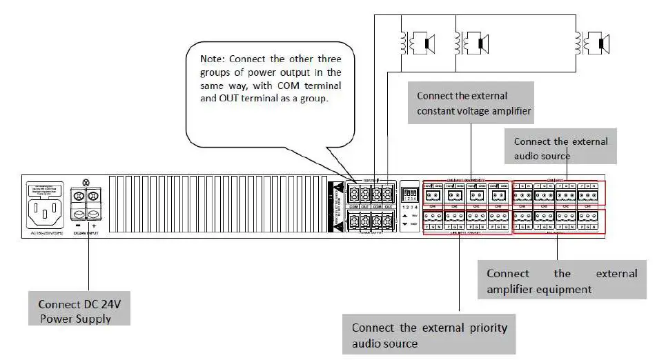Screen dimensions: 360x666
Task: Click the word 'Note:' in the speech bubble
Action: click(x=215, y=59)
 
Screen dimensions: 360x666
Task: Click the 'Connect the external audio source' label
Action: click(x=560, y=148)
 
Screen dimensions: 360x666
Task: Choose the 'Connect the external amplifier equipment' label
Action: click(x=562, y=281)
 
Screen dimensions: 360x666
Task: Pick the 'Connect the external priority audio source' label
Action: click(x=429, y=334)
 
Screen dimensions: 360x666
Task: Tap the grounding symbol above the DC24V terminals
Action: click(x=85, y=181)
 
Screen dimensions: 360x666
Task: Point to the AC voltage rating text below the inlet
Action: click(x=46, y=234)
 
